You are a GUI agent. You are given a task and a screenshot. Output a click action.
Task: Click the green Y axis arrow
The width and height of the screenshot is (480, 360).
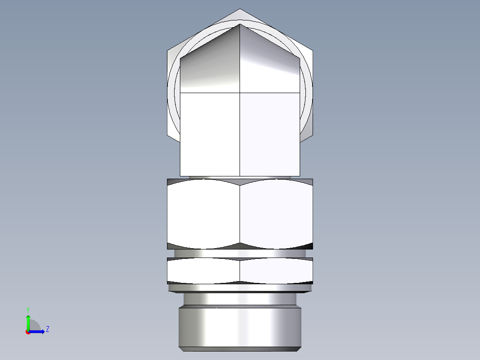[28, 321]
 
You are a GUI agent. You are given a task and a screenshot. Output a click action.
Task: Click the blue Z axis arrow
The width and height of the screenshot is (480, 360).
[38, 331]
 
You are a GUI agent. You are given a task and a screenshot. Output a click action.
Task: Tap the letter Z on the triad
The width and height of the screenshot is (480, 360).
[47, 329]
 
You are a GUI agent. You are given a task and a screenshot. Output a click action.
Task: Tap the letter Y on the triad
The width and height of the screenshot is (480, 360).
[28, 309]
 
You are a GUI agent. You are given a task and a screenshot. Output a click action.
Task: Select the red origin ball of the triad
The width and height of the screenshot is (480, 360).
[28, 332]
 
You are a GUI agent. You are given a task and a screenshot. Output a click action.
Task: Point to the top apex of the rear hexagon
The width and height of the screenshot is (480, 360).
[240, 9]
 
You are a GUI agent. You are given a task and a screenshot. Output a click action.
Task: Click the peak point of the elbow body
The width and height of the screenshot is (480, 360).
[240, 24]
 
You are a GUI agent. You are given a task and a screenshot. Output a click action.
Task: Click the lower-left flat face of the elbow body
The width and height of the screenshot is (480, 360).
[210, 134]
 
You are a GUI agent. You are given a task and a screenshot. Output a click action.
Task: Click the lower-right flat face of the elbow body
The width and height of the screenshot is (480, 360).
[269, 134]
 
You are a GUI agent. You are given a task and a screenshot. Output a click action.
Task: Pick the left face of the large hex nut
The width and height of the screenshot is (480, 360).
[203, 214]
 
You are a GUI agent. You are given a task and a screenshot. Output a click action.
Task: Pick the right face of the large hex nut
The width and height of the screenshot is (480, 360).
[276, 214]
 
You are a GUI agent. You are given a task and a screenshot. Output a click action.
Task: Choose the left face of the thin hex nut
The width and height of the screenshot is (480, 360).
[203, 270]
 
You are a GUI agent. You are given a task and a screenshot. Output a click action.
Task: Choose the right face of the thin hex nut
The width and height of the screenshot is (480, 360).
[276, 270]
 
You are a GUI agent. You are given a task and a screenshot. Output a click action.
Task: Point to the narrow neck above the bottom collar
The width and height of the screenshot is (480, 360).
[240, 299]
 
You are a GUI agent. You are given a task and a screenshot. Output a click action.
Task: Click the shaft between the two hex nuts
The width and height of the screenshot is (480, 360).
[240, 253]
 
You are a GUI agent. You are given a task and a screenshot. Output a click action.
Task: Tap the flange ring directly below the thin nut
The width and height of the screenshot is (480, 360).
[240, 288]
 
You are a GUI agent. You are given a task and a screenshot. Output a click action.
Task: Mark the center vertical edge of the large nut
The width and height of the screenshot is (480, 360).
[240, 214]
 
